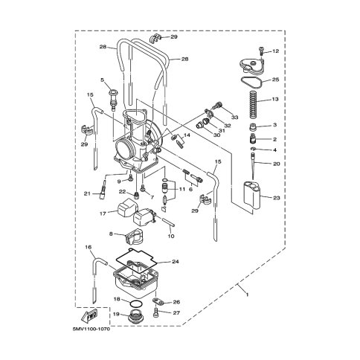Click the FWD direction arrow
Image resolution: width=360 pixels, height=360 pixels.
[89, 315]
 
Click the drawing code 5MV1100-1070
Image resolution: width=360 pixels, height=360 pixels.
[91, 329]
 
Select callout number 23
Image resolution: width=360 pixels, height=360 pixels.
[277, 198]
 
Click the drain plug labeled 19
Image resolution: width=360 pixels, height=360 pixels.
[135, 316]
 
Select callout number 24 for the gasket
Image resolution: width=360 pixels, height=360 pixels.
[175, 261]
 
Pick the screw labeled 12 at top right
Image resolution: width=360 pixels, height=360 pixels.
[261, 53]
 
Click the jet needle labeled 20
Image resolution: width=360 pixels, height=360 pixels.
[253, 166]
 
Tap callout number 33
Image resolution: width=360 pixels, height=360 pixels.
[234, 117]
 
